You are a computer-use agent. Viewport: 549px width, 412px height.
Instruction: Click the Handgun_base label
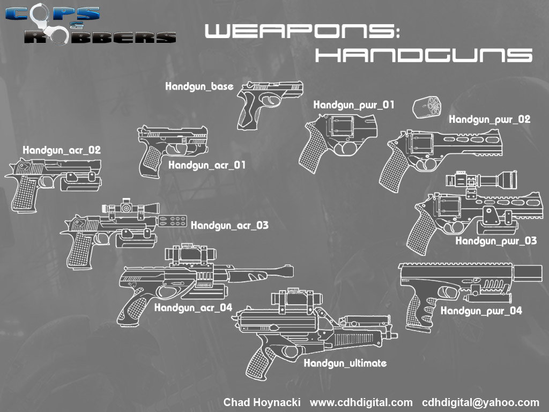(x=199, y=86)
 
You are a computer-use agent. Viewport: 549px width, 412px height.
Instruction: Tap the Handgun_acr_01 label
(x=207, y=165)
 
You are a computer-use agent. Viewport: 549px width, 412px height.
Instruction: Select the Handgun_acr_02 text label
(x=62, y=150)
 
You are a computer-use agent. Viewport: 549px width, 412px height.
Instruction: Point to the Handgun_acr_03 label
(x=229, y=225)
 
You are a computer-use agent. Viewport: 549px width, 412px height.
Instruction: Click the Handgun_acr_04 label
(x=193, y=308)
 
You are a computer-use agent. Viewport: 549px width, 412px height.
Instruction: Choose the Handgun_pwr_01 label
(x=354, y=105)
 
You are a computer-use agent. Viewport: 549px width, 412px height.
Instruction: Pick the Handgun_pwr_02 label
(x=489, y=120)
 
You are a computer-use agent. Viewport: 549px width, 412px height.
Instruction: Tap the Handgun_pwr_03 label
(x=496, y=241)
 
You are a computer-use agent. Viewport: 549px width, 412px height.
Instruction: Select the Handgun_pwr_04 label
(x=481, y=311)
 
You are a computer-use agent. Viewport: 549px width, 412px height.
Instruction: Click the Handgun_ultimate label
(x=345, y=363)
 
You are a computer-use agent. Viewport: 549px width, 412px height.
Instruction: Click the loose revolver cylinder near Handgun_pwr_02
(x=426, y=108)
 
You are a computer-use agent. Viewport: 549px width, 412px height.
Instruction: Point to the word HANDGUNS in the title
(x=423, y=54)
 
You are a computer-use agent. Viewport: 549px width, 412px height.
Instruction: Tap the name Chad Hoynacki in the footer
(x=262, y=402)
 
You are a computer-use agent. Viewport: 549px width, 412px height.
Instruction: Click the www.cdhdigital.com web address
(x=361, y=402)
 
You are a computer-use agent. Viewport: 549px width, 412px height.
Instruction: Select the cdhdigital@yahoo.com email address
(x=480, y=402)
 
